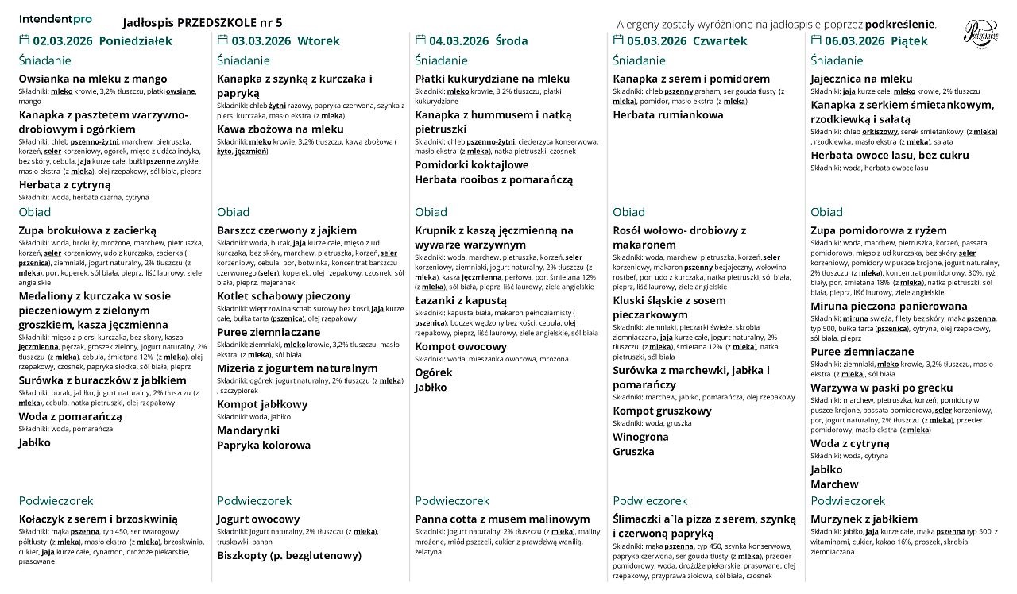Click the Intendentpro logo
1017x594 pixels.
click(x=55, y=18)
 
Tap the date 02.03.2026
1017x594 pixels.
click(x=62, y=41)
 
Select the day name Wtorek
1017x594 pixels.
click(x=318, y=41)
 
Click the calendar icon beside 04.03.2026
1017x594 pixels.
click(x=420, y=40)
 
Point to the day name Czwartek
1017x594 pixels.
click(x=720, y=41)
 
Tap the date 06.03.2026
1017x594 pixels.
click(x=854, y=41)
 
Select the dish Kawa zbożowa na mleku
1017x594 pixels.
click(x=280, y=129)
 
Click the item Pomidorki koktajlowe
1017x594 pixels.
click(x=471, y=165)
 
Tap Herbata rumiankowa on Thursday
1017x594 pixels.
click(x=668, y=115)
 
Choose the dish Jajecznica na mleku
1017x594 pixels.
click(x=861, y=79)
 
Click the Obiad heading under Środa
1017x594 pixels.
click(x=431, y=212)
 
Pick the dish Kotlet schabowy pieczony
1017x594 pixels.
click(x=284, y=296)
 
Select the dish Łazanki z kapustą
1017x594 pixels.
click(x=460, y=300)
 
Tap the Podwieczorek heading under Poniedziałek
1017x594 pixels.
click(x=56, y=501)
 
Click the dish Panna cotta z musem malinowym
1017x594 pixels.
click(x=503, y=519)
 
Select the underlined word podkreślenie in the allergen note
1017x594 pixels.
click(x=900, y=24)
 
